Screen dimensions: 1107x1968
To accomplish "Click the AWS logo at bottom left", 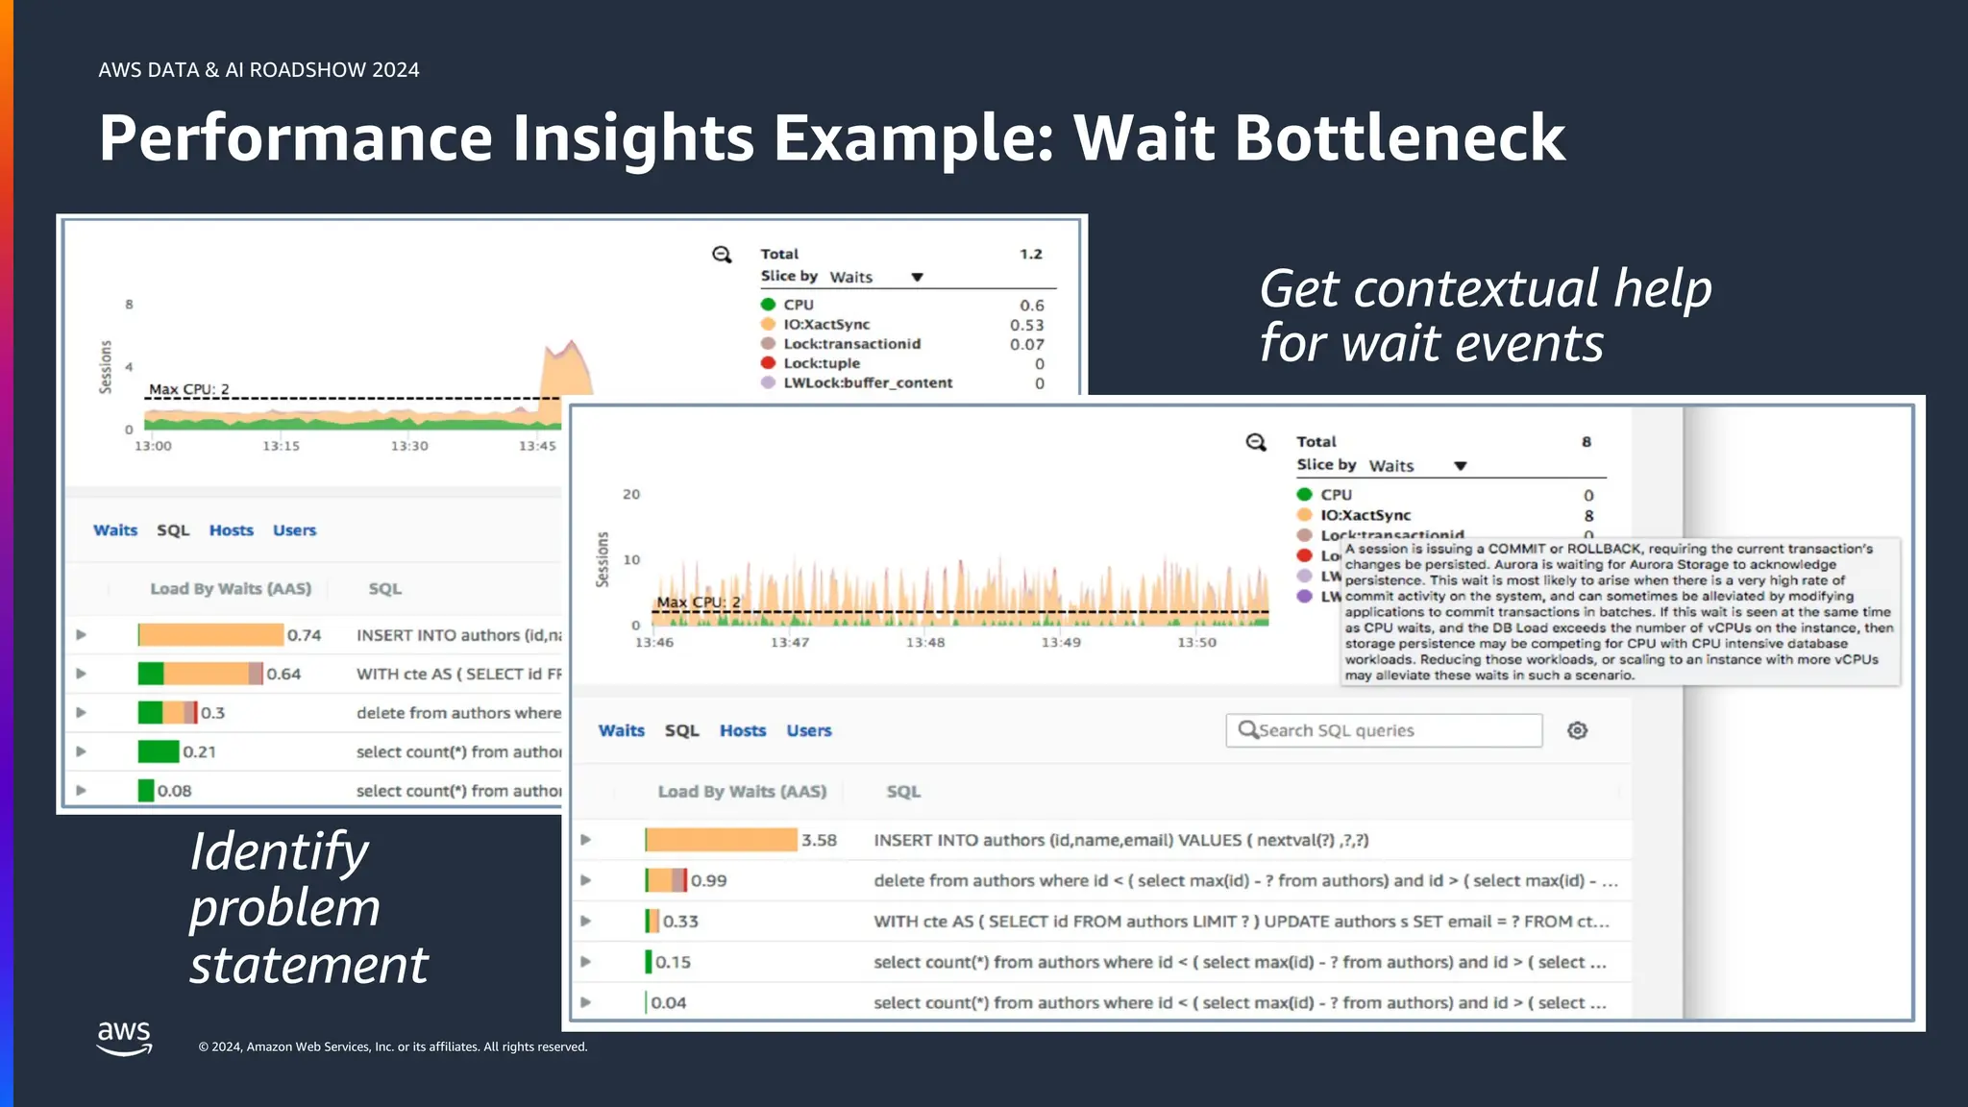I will [124, 1038].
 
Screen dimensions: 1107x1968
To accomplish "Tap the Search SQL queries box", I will [1384, 730].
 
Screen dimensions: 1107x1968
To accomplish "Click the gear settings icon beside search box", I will [1577, 730].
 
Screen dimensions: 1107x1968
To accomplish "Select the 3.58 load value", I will [819, 840].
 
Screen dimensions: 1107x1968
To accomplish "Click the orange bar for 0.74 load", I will [210, 635].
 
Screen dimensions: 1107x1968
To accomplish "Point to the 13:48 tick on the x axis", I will [924, 642].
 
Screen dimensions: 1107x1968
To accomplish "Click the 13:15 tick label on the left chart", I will [281, 446].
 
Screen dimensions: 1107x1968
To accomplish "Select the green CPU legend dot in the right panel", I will [1304, 494].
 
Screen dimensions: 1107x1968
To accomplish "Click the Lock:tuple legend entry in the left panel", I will [821, 363].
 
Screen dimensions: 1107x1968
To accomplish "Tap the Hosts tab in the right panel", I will [743, 730].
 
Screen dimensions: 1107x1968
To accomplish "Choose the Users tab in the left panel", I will [294, 530].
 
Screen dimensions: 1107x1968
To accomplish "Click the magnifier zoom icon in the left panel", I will [722, 255].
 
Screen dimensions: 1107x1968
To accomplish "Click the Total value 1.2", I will [1030, 254].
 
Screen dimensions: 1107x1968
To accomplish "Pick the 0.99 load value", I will [708, 880].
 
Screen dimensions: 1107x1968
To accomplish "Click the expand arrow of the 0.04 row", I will [585, 1002].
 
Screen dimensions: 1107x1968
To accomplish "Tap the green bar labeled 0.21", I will [158, 751].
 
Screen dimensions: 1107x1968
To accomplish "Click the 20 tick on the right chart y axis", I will [631, 494].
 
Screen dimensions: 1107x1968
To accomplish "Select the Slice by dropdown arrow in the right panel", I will [1460, 466].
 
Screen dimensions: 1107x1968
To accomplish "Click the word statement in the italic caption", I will [308, 965].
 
